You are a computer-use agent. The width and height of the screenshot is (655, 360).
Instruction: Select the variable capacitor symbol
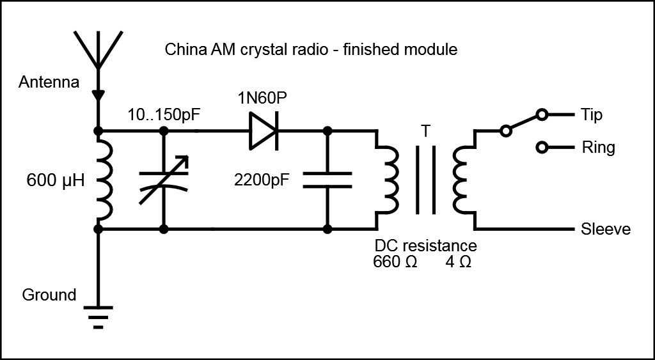(164, 180)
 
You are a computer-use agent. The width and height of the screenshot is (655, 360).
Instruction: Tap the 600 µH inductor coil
(106, 180)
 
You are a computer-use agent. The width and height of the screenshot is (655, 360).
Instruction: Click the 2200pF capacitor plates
(327, 180)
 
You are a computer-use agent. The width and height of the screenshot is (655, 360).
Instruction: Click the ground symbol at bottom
(98, 316)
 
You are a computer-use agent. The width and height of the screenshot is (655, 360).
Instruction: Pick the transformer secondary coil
(461, 180)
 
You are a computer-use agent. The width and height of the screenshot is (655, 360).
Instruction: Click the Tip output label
(592, 115)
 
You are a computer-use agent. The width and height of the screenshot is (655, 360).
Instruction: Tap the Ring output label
(598, 148)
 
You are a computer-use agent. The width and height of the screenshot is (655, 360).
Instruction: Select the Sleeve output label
(605, 230)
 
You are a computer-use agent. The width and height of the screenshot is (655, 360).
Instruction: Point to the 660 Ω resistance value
(395, 262)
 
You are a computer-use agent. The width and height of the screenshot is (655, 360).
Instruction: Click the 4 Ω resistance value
(458, 262)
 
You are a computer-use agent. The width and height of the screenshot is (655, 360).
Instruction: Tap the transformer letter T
(425, 131)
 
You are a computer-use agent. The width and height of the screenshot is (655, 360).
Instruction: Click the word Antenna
(49, 82)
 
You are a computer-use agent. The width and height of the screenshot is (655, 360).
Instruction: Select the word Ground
(49, 295)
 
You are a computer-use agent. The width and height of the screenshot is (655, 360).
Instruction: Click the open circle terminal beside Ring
(542, 148)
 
